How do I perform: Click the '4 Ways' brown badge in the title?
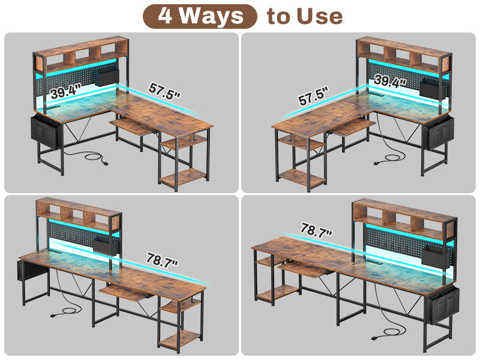click(200, 17)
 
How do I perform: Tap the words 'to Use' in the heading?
click(305, 17)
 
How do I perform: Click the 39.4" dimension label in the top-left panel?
click(65, 91)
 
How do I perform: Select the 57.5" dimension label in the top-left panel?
click(164, 91)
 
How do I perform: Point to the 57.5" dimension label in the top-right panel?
click(313, 96)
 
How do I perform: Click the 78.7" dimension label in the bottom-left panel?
click(162, 260)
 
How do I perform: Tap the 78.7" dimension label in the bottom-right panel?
click(316, 230)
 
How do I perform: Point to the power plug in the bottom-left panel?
click(56, 314)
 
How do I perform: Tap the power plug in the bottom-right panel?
click(377, 338)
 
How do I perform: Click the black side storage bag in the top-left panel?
click(46, 132)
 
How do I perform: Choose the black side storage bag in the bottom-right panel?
click(442, 305)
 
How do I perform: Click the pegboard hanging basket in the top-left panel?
click(107, 77)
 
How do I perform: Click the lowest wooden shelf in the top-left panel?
click(184, 177)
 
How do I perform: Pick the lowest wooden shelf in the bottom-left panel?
click(179, 339)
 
